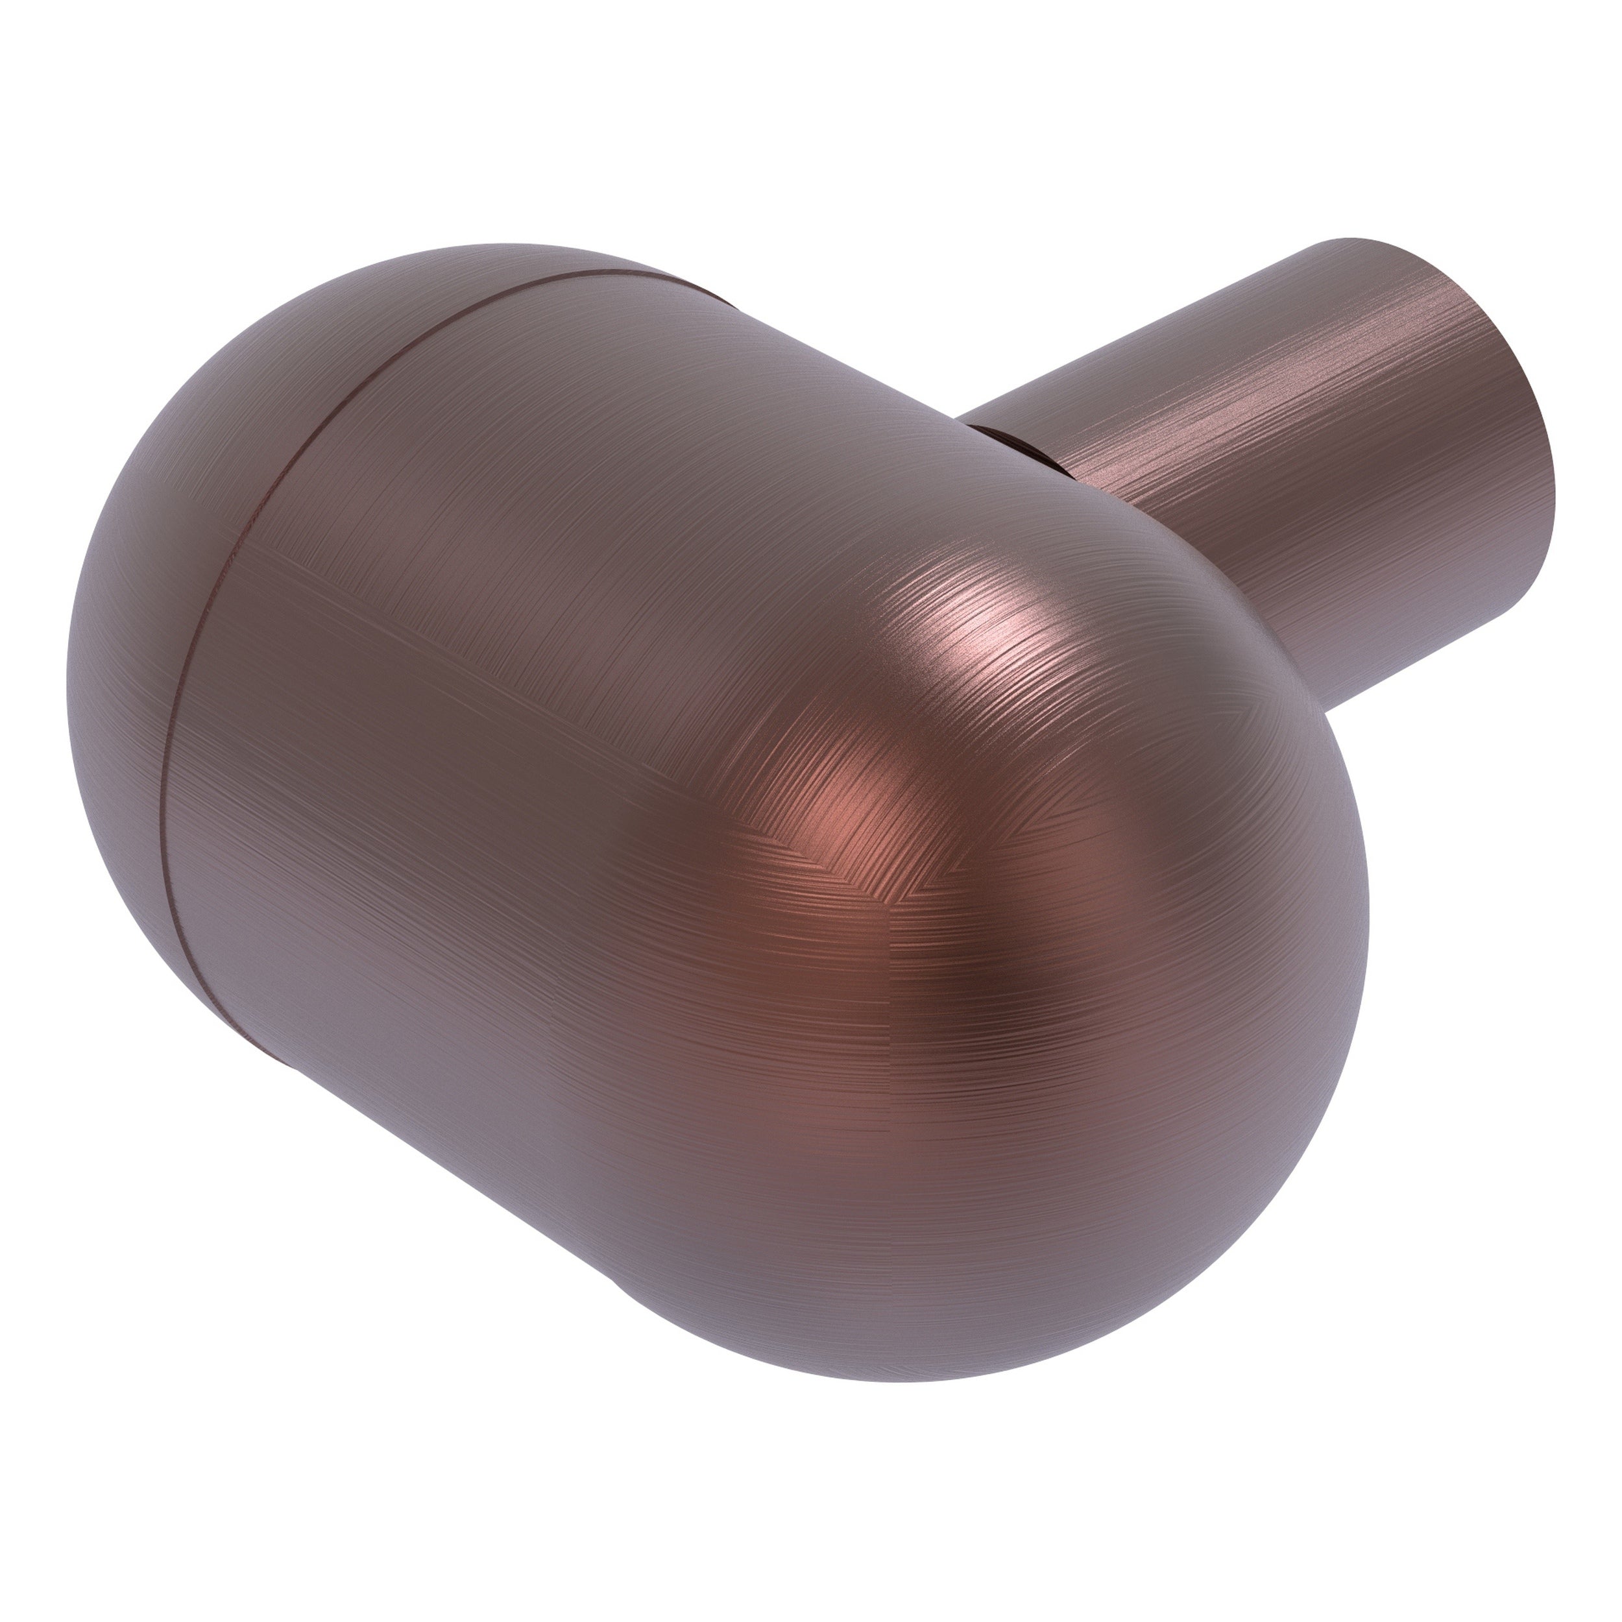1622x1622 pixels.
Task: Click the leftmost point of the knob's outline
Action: pyautogui.click(x=67, y=672)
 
